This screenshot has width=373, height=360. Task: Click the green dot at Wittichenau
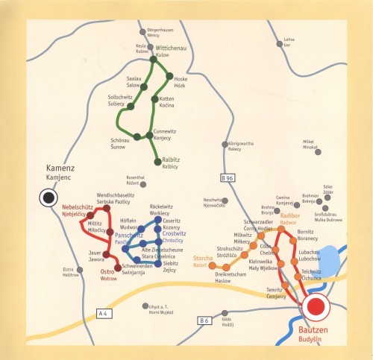pos(154,60)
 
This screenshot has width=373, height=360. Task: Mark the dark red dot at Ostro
pos(117,267)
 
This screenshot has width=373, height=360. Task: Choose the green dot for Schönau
pos(137,136)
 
